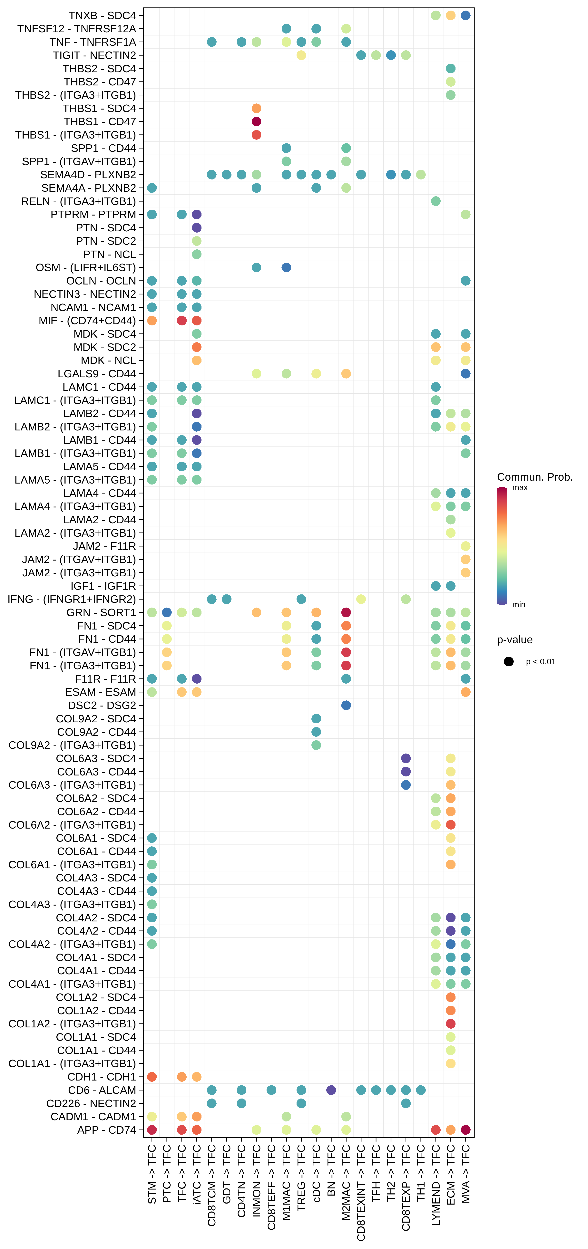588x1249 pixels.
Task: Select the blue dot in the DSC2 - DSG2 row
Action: coord(346,706)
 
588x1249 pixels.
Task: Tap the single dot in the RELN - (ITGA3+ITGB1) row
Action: coord(436,201)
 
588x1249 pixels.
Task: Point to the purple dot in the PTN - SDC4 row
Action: coord(196,228)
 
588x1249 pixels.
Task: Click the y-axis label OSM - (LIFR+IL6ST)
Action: coord(86,268)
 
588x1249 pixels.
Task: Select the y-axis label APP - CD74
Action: coord(107,1130)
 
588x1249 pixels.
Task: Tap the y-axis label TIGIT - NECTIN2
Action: coord(95,55)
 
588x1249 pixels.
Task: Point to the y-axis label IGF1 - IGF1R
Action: coord(103,586)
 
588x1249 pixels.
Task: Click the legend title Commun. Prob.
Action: coord(535,477)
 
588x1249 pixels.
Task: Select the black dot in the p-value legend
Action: coord(508,662)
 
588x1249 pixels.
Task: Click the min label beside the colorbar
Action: coord(519,605)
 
